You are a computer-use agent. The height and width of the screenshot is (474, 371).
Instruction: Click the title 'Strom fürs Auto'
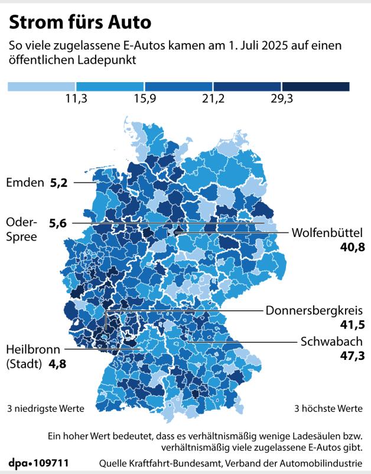click(x=80, y=22)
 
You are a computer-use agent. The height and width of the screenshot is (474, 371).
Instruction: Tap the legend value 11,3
click(x=76, y=99)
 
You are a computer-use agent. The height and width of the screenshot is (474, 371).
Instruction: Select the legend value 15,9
click(x=145, y=99)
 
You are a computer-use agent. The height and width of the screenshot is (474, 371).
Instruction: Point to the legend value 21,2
click(x=213, y=99)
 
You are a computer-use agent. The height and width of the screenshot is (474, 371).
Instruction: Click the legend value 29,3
click(x=282, y=99)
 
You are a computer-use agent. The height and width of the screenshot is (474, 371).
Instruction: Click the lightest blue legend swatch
click(x=42, y=86)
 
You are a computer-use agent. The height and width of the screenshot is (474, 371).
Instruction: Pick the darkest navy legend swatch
click(x=316, y=86)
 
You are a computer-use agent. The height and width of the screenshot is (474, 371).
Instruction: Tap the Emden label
click(x=25, y=183)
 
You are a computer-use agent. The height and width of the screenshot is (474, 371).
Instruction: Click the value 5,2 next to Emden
click(x=59, y=183)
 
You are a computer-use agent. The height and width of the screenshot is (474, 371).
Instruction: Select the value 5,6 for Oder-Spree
click(x=58, y=223)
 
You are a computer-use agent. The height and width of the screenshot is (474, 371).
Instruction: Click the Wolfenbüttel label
click(x=327, y=232)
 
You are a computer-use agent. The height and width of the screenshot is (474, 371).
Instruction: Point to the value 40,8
click(x=352, y=247)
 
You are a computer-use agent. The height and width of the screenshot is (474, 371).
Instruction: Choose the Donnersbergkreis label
click(x=314, y=310)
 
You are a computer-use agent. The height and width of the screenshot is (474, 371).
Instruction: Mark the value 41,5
click(x=351, y=325)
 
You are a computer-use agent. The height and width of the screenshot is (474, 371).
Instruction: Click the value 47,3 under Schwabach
click(x=351, y=356)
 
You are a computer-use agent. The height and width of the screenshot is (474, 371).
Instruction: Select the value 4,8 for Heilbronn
click(x=57, y=364)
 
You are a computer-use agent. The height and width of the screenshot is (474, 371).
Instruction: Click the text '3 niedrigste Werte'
click(x=45, y=408)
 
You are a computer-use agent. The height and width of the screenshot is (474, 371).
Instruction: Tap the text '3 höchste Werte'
click(x=328, y=408)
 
